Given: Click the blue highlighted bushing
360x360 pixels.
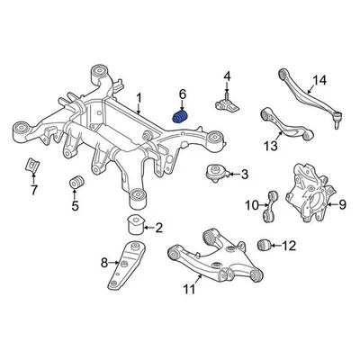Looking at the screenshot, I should click(180, 117).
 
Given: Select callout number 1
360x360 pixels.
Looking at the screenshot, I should click(139, 97).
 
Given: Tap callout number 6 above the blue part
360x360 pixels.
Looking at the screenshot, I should click(182, 94).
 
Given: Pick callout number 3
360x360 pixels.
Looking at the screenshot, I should click(245, 174).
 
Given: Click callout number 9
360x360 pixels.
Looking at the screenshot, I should click(341, 204).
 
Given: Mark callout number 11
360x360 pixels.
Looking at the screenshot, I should click(188, 289).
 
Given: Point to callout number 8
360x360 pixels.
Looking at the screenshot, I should click(104, 263).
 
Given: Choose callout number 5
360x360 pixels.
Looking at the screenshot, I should click(76, 206).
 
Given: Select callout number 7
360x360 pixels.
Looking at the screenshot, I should click(34, 191).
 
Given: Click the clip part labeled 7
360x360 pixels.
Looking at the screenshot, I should click(31, 166).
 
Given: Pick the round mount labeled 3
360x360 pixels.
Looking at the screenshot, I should click(218, 174).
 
